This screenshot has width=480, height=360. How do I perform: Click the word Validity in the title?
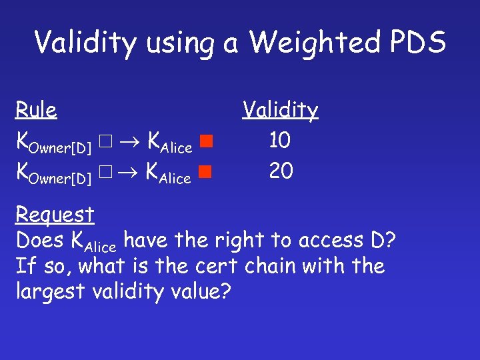79,43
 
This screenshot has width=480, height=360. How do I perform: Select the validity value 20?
281,171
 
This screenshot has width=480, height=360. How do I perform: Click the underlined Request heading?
55,215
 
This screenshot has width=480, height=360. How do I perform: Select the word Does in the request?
39,240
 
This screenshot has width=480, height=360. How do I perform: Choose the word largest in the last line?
52,292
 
